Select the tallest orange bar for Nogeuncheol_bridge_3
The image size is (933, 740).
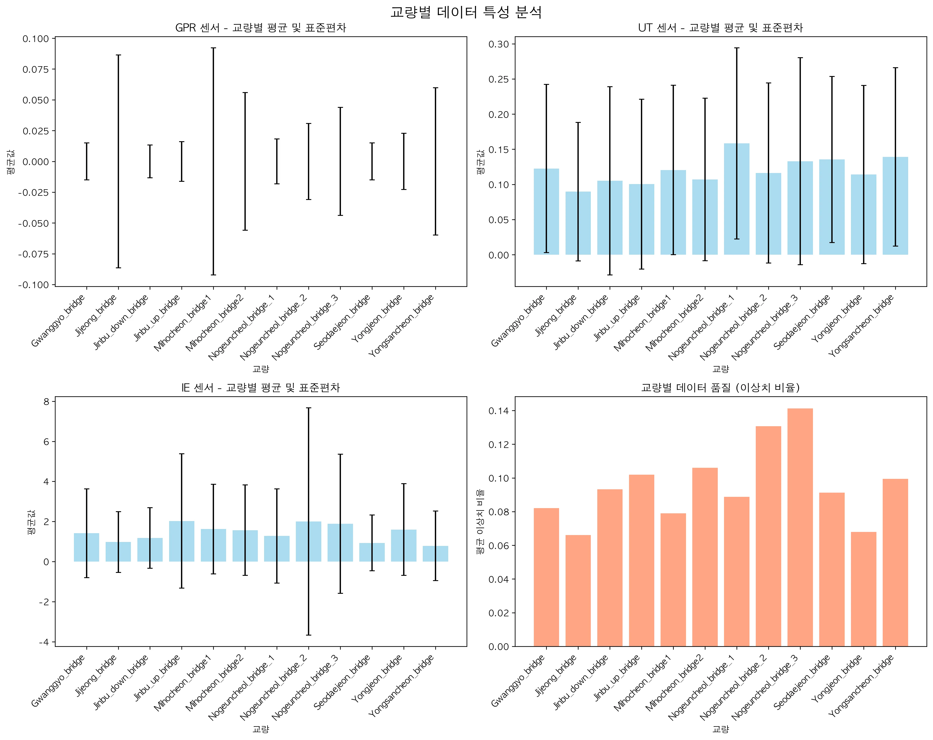[800, 527]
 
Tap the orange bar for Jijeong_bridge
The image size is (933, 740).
[578, 591]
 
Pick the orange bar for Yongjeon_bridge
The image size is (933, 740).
[864, 589]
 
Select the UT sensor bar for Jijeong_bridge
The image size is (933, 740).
[578, 223]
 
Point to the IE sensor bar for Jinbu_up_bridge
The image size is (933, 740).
[182, 541]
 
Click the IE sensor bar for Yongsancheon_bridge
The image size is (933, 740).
[435, 554]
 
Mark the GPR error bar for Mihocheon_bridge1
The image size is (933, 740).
[213, 161]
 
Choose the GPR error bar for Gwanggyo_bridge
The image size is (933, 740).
[87, 161]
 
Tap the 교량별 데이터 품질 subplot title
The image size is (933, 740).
[720, 388]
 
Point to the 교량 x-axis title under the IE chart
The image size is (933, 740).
[261, 729]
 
